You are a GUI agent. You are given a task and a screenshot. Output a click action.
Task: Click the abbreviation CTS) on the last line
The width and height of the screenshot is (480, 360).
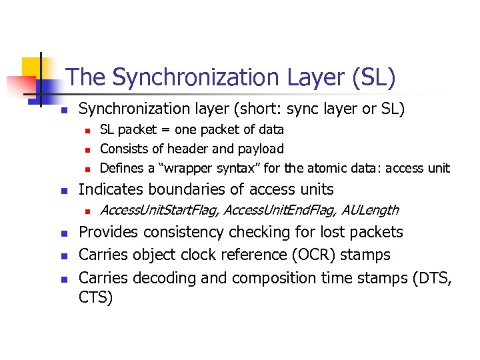click(x=96, y=297)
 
